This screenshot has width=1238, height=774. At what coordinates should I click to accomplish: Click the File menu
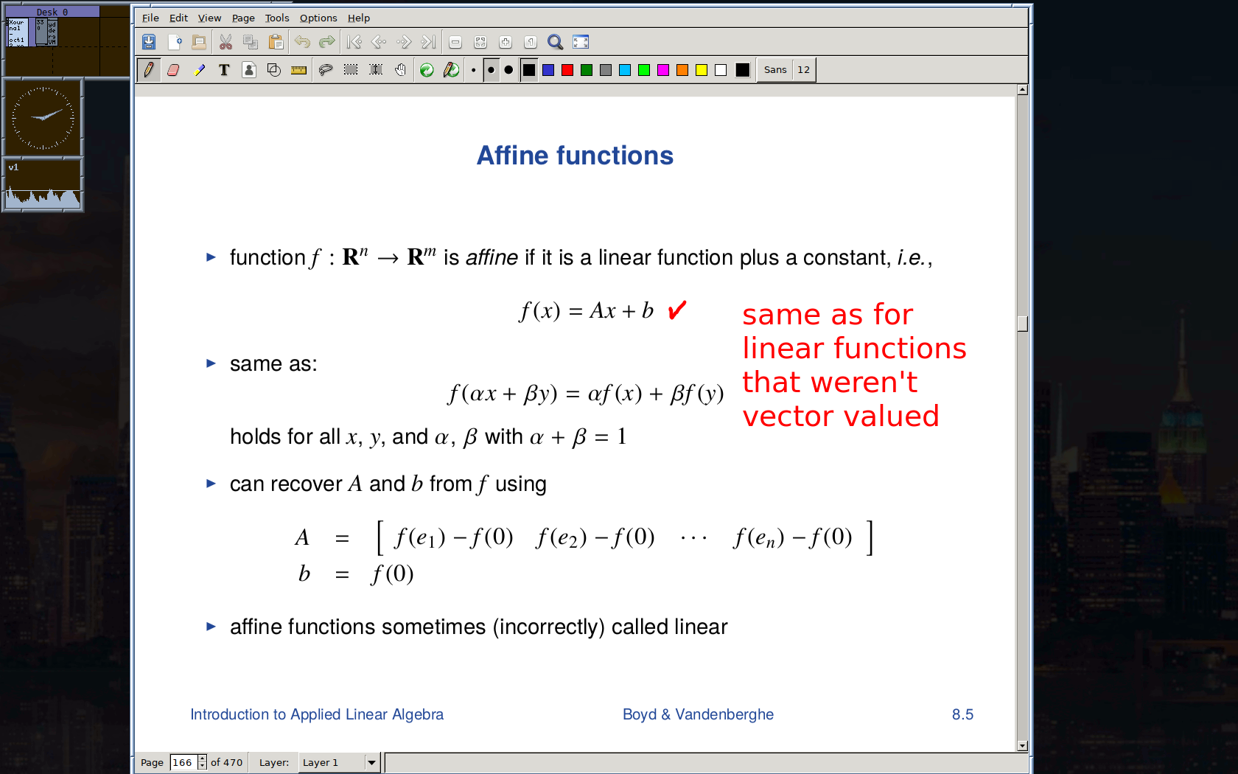coord(150,18)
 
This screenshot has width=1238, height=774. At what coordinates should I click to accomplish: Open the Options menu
coord(318,18)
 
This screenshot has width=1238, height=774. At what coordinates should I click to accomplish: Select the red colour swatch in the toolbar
coord(567,70)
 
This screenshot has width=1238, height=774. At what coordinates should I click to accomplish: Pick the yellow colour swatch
coord(702,70)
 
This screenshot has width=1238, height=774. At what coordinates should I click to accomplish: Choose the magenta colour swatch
coord(663,70)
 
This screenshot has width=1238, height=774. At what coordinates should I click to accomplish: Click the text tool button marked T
coord(224,70)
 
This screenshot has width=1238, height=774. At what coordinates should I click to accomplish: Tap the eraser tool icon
coord(174,70)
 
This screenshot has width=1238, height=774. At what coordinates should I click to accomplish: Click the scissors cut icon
coord(225,42)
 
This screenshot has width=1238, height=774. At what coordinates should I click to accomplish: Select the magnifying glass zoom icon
coord(555,42)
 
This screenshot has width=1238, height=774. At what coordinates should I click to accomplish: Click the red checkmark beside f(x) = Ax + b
coord(676,310)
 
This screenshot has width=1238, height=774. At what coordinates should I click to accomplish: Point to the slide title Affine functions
coord(575,156)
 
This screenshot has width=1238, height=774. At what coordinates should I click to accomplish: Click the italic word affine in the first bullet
coord(492,258)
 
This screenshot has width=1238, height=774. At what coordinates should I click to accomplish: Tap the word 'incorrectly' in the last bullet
coord(548,627)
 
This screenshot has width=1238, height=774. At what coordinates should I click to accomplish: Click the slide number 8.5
coord(962,714)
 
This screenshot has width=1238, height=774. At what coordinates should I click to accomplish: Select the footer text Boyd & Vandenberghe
coord(698,714)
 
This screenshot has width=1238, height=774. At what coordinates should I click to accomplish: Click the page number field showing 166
coord(183,762)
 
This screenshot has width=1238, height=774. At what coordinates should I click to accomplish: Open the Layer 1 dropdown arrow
coord(372,763)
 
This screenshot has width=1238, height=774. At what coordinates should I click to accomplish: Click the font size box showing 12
coord(803,69)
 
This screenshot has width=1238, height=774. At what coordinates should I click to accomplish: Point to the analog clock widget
coord(43,117)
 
